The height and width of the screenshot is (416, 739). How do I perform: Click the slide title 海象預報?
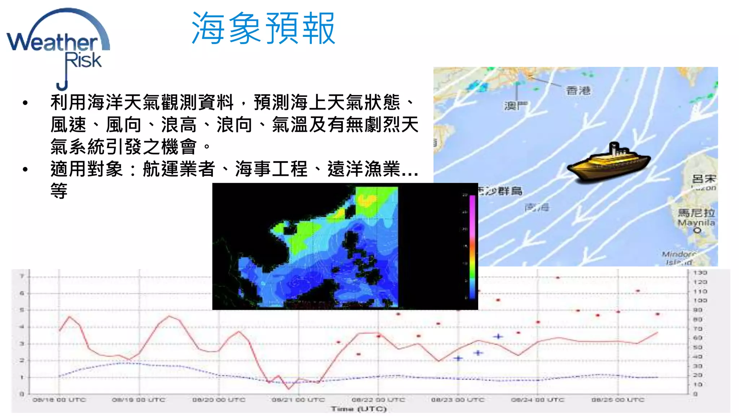pos(263,28)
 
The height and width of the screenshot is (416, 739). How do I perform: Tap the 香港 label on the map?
pos(578,90)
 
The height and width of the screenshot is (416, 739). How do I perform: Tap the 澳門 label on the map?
pos(516,105)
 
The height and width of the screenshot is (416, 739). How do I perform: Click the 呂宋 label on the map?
pos(704,179)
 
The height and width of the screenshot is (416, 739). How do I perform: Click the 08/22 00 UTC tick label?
pos(378,400)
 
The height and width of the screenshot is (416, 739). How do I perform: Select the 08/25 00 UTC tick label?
pos(618,400)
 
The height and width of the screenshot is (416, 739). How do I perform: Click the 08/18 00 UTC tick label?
pos(59,400)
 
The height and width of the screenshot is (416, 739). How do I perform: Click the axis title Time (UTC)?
pos(359,409)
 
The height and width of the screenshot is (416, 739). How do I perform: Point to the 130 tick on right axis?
pos(700,273)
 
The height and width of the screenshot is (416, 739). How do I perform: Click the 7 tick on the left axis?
pos(22,276)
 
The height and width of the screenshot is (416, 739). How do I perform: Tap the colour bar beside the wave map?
pos(472,247)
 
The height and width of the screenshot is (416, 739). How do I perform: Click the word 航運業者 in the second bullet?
pos(179,169)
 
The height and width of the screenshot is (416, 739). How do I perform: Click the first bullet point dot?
pos(25,103)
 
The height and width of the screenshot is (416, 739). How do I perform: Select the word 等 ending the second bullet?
pos(59,191)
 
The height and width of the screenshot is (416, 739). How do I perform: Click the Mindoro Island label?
pos(678,258)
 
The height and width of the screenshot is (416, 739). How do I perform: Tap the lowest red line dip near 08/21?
pos(289,389)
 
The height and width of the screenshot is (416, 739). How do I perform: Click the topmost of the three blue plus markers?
pos(498,337)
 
